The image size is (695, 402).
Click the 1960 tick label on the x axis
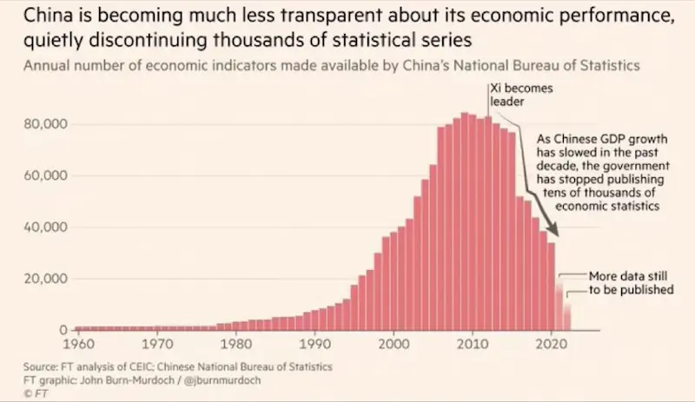click(x=78, y=343)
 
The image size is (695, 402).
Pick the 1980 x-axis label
click(x=236, y=343)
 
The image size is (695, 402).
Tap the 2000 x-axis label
click(x=394, y=343)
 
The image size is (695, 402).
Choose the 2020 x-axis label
click(x=552, y=343)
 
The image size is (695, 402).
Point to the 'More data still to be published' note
click(x=630, y=282)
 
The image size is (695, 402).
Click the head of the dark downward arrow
click(x=557, y=234)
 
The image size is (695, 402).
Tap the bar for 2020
click(x=552, y=287)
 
